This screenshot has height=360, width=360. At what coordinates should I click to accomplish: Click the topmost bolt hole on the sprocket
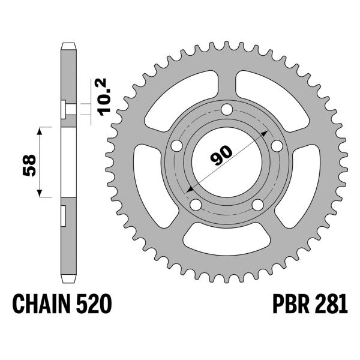point(226,110)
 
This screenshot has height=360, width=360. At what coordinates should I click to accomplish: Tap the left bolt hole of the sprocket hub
point(177,146)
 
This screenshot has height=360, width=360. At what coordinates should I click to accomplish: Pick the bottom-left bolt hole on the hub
point(196,205)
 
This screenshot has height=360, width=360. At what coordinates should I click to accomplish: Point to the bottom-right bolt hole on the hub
point(257,205)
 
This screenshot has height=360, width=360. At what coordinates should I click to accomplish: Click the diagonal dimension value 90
point(221,157)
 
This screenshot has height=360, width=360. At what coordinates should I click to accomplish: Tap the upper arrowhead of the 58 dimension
point(40,130)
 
